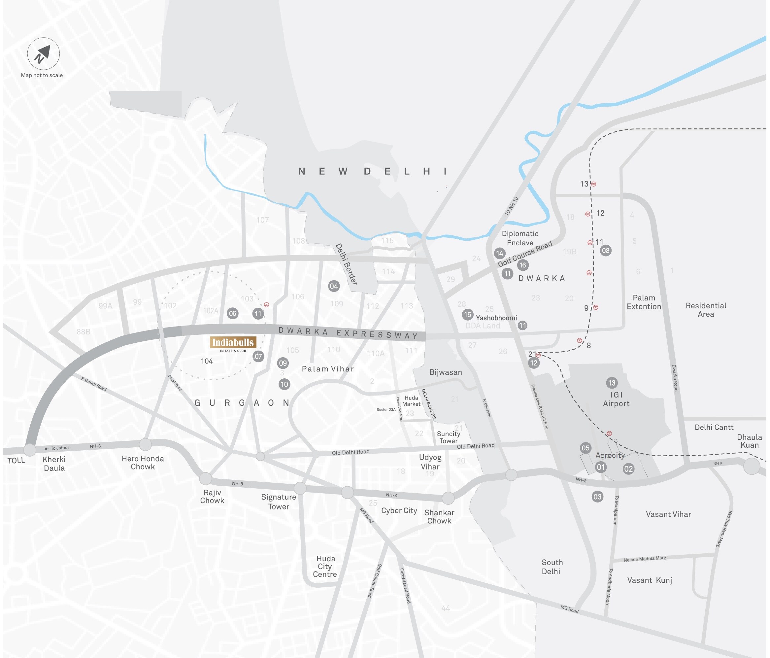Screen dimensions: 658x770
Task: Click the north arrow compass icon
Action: (44, 53)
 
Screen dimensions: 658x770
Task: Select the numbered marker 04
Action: (334, 286)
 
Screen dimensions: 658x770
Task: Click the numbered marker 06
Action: (233, 313)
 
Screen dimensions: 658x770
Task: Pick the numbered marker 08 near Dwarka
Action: (606, 250)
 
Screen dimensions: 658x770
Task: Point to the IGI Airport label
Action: (616, 399)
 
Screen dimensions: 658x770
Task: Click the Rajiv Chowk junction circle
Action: (206, 478)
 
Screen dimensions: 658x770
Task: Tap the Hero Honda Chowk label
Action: (143, 463)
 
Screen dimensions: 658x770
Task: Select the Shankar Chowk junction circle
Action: (448, 498)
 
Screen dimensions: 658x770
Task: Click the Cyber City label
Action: (399, 510)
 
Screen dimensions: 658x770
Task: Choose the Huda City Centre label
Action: (325, 566)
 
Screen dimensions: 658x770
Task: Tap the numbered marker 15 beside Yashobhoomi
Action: (467, 315)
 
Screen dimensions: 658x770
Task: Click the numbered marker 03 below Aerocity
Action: (597, 497)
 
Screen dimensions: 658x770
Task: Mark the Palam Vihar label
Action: (328, 369)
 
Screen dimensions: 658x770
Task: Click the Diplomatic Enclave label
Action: (520, 238)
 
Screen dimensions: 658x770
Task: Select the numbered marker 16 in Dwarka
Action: (523, 265)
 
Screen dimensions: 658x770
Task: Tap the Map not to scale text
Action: (42, 75)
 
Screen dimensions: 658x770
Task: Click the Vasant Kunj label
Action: (650, 580)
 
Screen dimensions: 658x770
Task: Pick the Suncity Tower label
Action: (449, 437)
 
